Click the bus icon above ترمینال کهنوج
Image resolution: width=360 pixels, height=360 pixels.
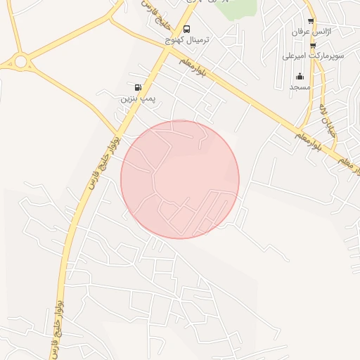tap(186, 30)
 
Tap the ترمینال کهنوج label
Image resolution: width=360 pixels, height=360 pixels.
tap(187, 41)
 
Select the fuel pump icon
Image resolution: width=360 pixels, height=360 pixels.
tap(137, 89)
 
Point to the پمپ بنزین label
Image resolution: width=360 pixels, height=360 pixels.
tap(136, 100)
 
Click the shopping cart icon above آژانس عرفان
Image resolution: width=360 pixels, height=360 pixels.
tap(311, 22)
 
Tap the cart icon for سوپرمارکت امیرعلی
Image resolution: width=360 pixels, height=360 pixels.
tap(313, 45)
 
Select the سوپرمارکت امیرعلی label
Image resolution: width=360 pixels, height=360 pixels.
tap(313, 56)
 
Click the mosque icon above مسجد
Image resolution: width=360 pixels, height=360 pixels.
tap(300, 76)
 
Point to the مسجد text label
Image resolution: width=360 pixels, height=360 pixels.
tap(300, 86)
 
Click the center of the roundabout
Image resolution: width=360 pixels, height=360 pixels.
tap(20, 62)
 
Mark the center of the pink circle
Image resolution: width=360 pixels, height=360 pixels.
tap(180, 179)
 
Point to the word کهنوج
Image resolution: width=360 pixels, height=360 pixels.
tap(175, 41)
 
